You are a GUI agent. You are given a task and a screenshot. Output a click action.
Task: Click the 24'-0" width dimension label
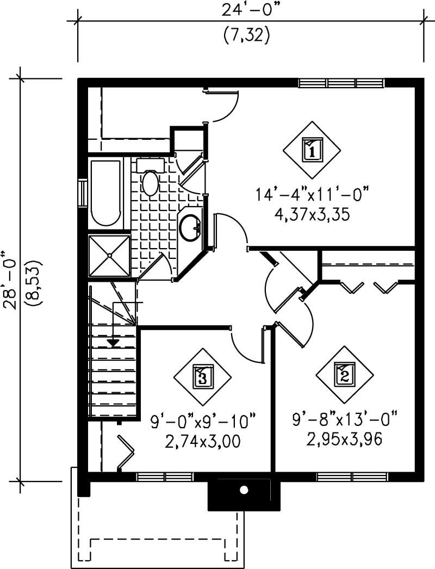point(246,9)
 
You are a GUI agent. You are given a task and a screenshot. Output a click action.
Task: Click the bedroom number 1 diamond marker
point(312,150)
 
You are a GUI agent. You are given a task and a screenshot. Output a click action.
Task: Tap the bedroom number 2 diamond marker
point(345,374)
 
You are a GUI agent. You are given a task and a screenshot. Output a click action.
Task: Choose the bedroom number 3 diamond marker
point(202,376)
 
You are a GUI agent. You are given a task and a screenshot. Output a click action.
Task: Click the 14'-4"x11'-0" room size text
point(312,194)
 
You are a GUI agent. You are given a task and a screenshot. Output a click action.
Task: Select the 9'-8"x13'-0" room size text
point(345,420)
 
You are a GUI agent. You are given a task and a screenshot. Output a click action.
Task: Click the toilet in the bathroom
point(150,180)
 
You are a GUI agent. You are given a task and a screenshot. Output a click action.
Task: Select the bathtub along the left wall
point(105,193)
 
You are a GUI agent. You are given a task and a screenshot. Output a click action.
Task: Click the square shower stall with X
point(109,256)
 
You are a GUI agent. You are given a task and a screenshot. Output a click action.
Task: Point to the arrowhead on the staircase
point(113,342)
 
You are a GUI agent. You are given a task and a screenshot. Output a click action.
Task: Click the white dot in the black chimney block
point(244,490)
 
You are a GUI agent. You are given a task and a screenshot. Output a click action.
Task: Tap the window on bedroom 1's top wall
point(341,83)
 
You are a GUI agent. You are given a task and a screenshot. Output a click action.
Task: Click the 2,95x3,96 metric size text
point(345,438)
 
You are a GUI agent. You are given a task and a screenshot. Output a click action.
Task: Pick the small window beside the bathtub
point(83,193)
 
